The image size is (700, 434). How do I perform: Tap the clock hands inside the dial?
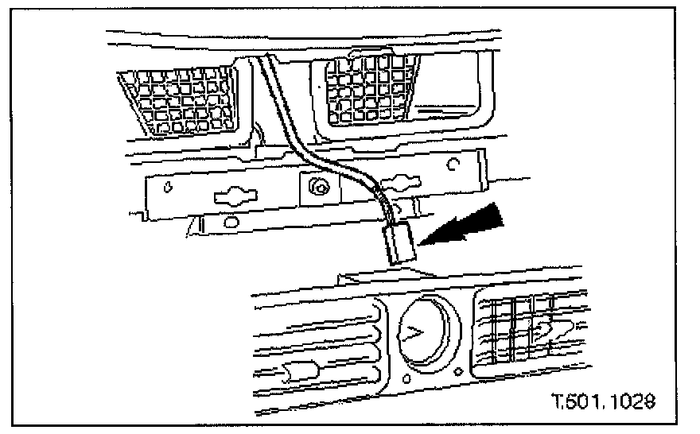pyautogui.click(x=413, y=334)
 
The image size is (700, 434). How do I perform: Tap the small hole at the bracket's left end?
pyautogui.click(x=168, y=189)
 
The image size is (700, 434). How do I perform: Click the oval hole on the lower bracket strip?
pyautogui.click(x=233, y=219)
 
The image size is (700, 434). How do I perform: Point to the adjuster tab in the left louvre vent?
pyautogui.click(x=295, y=369)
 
